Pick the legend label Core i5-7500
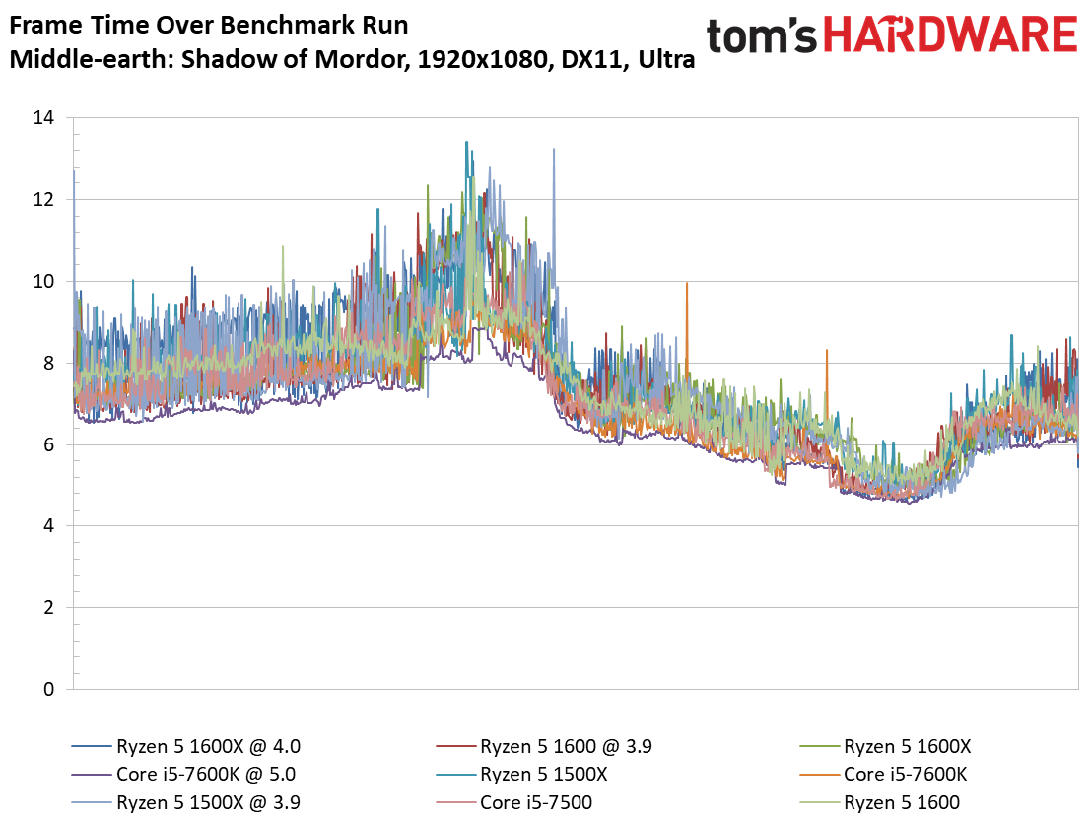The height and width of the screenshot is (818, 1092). click(536, 802)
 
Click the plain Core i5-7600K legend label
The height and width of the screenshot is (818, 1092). click(906, 774)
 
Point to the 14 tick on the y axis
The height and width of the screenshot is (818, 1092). click(43, 117)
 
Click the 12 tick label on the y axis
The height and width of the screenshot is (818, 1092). click(43, 200)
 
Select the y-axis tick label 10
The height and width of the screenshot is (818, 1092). click(43, 281)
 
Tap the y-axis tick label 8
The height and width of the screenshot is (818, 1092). click(48, 363)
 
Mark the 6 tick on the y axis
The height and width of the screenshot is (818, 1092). click(48, 444)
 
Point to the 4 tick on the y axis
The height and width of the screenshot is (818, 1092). click(48, 526)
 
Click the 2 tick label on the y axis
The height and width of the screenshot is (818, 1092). click(48, 608)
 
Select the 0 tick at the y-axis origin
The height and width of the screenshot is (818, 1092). click(48, 689)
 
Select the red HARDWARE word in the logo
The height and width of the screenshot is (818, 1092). click(951, 34)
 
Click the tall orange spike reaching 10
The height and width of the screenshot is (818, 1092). click(687, 327)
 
